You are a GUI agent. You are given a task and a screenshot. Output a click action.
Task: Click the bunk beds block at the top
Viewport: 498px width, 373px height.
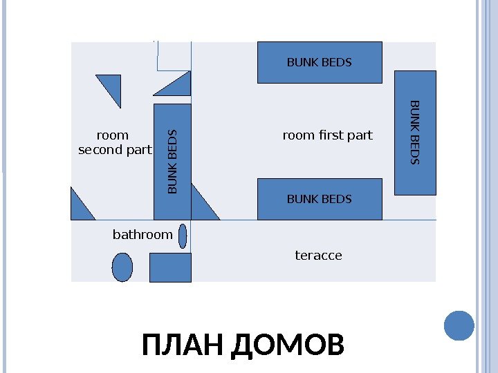[320, 62]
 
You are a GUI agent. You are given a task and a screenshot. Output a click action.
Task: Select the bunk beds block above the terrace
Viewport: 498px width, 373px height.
[320, 199]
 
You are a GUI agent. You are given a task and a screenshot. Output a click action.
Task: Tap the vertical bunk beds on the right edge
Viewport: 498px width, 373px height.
[415, 133]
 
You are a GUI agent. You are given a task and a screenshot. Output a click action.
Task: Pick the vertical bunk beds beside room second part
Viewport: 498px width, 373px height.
[172, 160]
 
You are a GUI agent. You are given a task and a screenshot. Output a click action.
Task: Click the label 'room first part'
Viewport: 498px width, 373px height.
[328, 135]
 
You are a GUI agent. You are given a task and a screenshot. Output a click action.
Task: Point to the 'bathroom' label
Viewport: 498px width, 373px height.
[142, 235]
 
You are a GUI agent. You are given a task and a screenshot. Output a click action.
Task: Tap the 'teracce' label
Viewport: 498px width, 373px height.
[319, 256]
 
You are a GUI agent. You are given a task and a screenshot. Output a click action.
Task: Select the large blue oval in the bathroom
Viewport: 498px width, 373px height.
[122, 267]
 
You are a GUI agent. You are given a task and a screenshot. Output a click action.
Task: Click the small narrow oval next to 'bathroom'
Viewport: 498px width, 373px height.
[183, 236]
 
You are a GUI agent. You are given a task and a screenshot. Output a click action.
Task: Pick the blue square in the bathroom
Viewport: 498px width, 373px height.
[170, 267]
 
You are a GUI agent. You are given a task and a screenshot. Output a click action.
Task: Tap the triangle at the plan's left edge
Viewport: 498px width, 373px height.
[80, 207]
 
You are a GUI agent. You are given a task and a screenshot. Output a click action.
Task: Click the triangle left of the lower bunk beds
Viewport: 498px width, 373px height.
[202, 204]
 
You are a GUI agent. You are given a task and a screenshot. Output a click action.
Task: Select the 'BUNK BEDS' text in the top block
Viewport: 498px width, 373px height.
[320, 62]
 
